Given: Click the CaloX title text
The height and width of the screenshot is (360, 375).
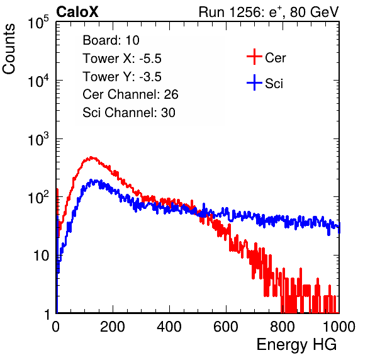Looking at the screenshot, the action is pyautogui.click(x=77, y=12).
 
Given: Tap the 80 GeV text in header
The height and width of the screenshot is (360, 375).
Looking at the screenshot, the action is pyautogui.click(x=314, y=12).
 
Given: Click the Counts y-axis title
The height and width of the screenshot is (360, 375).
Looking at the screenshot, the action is pyautogui.click(x=9, y=49).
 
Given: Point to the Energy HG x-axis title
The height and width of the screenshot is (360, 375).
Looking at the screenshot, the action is pyautogui.click(x=296, y=345).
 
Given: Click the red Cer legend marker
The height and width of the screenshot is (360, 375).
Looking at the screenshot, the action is pyautogui.click(x=254, y=57).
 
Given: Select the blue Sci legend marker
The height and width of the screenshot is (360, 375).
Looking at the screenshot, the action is pyautogui.click(x=254, y=83).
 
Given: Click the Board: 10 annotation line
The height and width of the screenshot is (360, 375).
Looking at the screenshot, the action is pyautogui.click(x=111, y=40).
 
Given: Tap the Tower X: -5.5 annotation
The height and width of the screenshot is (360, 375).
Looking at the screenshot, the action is pyautogui.click(x=122, y=59).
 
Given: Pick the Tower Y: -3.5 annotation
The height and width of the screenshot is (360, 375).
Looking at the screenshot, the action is pyautogui.click(x=122, y=77).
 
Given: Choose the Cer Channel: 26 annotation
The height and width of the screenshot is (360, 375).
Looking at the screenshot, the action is pyautogui.click(x=130, y=94).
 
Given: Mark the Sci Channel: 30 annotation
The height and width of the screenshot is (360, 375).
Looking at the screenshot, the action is pyautogui.click(x=129, y=113).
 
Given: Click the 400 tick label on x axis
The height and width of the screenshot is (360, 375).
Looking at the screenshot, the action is pyautogui.click(x=169, y=327).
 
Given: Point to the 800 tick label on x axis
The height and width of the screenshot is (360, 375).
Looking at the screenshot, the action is pyautogui.click(x=283, y=327).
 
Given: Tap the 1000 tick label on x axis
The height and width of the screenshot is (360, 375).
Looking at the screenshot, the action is pyautogui.click(x=339, y=327).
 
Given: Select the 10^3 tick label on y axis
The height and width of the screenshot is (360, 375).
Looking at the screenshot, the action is pyautogui.click(x=38, y=138).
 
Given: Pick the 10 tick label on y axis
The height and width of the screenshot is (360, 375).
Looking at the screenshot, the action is pyautogui.click(x=42, y=256).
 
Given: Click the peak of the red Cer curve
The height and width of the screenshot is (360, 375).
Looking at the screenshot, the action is pyautogui.click(x=91, y=157).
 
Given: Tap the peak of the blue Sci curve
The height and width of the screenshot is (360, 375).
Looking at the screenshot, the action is pyautogui.click(x=91, y=179).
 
